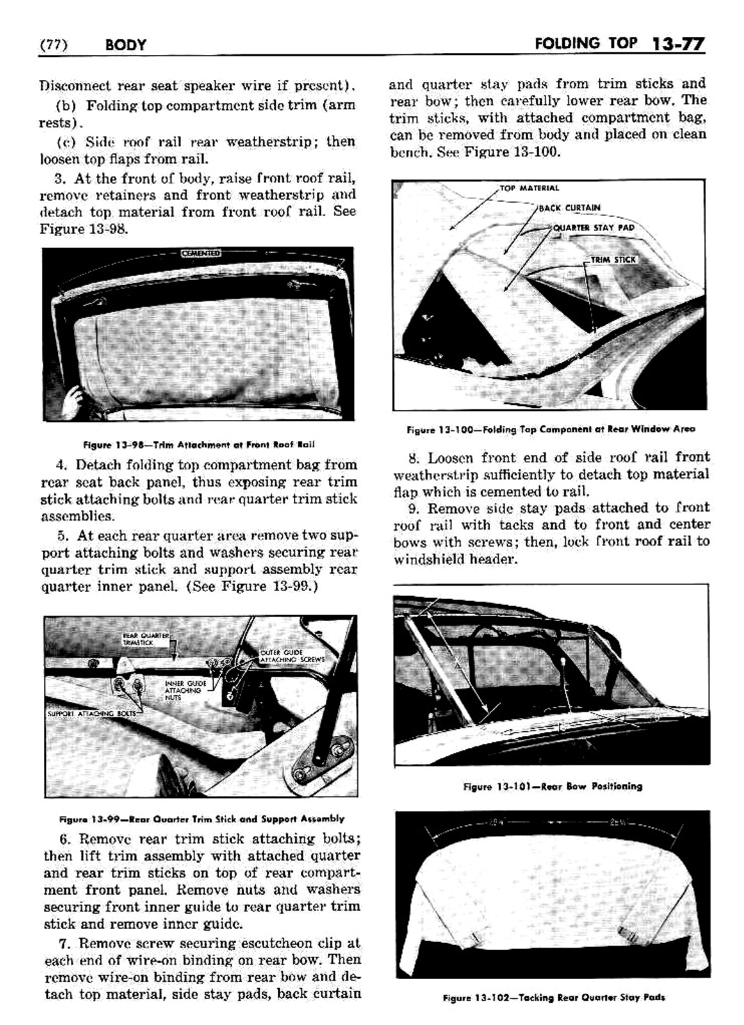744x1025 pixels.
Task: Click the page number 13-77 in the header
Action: [679, 45]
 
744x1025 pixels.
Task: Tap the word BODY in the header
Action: [126, 46]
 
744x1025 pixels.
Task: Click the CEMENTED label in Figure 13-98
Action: [200, 253]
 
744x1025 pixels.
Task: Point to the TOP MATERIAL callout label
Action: [529, 188]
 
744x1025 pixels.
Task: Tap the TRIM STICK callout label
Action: [613, 260]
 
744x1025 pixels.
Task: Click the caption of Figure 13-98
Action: [199, 444]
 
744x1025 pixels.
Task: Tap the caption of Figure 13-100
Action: [550, 429]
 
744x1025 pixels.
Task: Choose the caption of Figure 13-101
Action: [552, 786]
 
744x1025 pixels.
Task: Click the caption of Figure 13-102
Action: [553, 996]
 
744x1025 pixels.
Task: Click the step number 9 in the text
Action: [414, 508]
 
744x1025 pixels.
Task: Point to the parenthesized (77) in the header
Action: [53, 46]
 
